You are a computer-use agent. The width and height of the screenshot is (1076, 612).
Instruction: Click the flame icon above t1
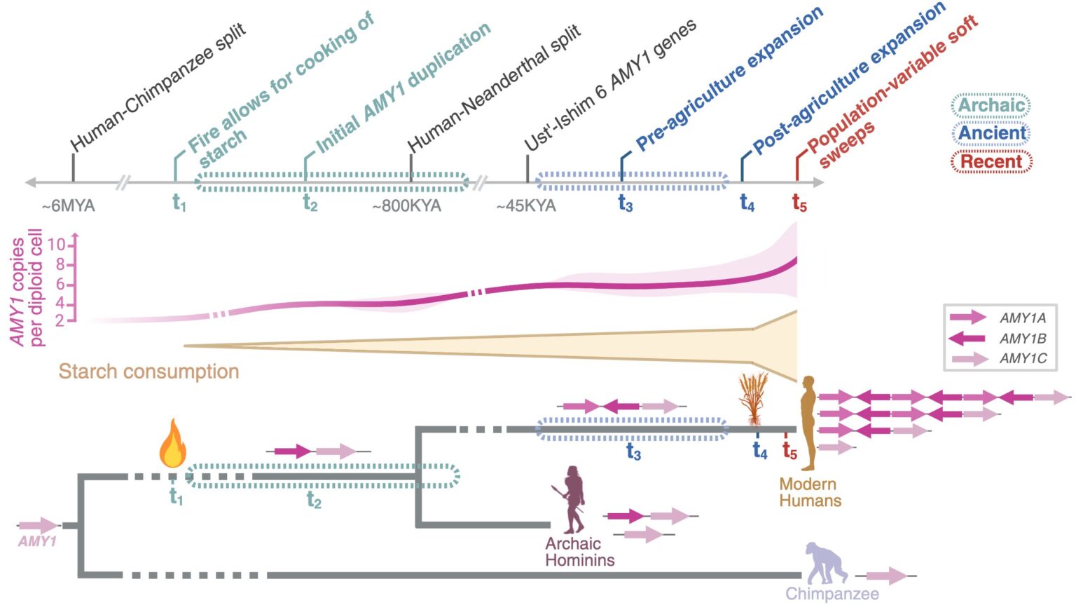tap(172, 444)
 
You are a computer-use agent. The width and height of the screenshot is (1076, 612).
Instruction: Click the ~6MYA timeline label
tap(68, 206)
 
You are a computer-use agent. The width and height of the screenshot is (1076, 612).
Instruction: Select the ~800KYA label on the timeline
tap(406, 206)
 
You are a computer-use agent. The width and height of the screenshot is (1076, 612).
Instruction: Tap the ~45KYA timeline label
tap(526, 206)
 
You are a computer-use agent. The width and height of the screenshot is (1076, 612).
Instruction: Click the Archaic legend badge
tap(991, 105)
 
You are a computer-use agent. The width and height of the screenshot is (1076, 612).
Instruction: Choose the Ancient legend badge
tap(991, 133)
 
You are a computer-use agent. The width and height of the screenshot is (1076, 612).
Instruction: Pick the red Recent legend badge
tap(991, 162)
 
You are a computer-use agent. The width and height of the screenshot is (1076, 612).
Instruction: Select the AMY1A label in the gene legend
tap(1023, 318)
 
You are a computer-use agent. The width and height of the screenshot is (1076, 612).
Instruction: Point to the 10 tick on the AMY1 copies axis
tap(57, 245)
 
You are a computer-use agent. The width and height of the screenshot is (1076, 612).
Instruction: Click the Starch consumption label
tap(149, 372)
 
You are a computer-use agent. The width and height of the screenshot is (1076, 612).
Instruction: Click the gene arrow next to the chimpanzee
tap(887, 576)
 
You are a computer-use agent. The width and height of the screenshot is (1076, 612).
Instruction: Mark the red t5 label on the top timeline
tap(799, 203)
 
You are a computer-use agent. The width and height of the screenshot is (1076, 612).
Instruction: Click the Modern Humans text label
tap(810, 492)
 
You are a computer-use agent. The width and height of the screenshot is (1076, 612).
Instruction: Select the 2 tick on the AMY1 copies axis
tap(60, 320)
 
